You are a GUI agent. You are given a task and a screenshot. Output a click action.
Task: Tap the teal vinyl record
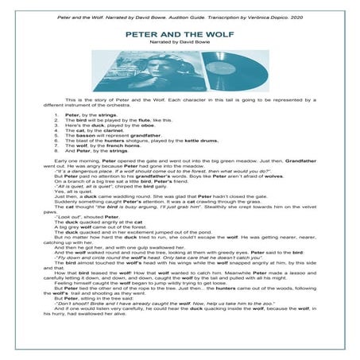click(223, 73)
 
